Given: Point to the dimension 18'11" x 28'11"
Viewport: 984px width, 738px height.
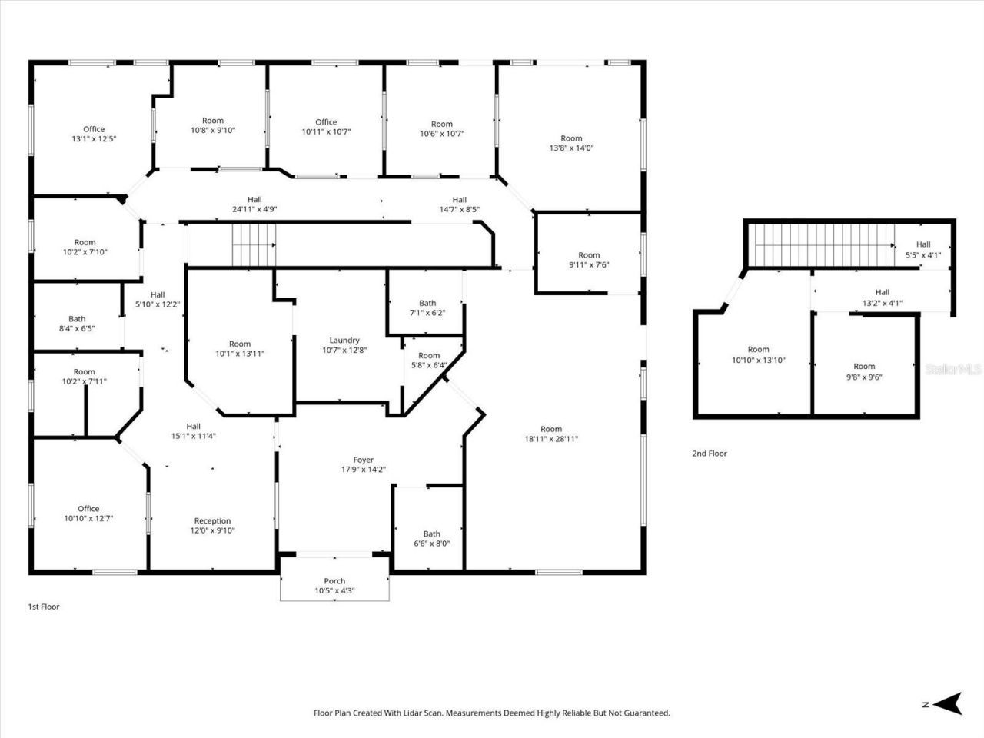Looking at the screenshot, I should [551, 439].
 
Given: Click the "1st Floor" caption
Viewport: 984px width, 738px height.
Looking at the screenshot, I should [44, 607].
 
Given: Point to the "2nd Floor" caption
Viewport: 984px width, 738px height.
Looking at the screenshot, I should [710, 454].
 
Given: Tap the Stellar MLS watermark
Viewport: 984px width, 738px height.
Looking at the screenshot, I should [953, 369].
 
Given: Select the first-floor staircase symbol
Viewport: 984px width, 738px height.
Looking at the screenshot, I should [254, 244].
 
